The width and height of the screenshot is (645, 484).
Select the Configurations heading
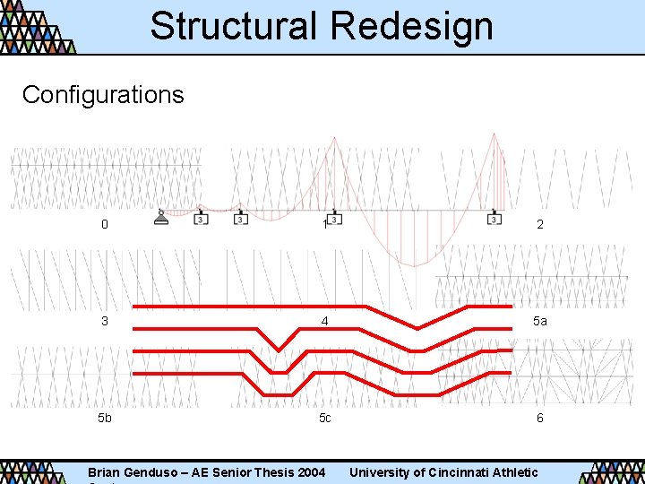pos(103,94)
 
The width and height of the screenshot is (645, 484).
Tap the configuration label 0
pos(105,224)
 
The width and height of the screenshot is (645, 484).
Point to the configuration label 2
pos(539,224)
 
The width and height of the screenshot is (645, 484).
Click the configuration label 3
pos(105,320)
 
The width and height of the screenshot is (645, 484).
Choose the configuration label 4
pos(325,320)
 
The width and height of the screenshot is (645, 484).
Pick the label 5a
pos(539,320)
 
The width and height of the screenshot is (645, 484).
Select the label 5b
pos(105,418)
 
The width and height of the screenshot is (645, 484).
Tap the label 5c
pos(324,418)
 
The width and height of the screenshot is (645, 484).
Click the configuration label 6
pos(539,418)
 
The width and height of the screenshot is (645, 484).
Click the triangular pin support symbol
pos(161,218)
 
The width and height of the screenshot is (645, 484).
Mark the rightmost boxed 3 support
pos(494,219)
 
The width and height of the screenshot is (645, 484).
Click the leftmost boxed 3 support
pos(201,219)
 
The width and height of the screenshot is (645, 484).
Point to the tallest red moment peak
pos(494,134)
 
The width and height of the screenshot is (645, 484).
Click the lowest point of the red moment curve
pos(414,265)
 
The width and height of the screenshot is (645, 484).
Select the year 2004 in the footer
pos(310,472)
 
